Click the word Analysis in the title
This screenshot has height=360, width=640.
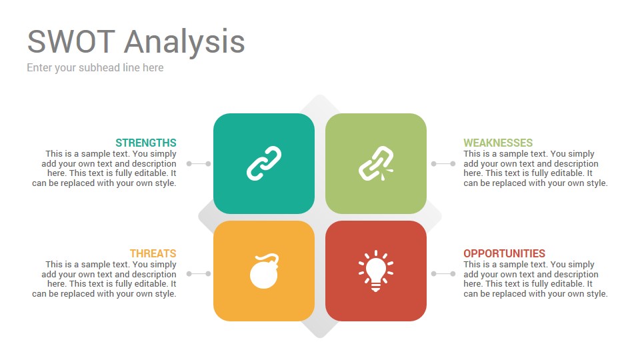tap(185, 43)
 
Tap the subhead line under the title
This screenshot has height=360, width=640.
tap(95, 68)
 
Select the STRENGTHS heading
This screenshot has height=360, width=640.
tap(146, 143)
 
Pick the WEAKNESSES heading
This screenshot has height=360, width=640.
tap(498, 143)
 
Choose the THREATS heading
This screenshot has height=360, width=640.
tap(153, 253)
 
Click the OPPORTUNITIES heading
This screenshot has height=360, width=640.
tap(505, 253)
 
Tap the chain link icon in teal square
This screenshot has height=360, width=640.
tap(264, 163)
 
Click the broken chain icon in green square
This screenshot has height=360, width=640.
tap(376, 163)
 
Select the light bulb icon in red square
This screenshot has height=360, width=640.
tap(375, 271)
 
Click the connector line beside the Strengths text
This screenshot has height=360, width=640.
tap(199, 164)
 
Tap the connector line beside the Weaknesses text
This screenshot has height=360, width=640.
tap(443, 164)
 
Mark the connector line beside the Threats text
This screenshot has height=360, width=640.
tap(199, 273)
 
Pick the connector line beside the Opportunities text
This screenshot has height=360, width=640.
tap(443, 273)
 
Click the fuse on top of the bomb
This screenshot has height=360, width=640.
tap(269, 257)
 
